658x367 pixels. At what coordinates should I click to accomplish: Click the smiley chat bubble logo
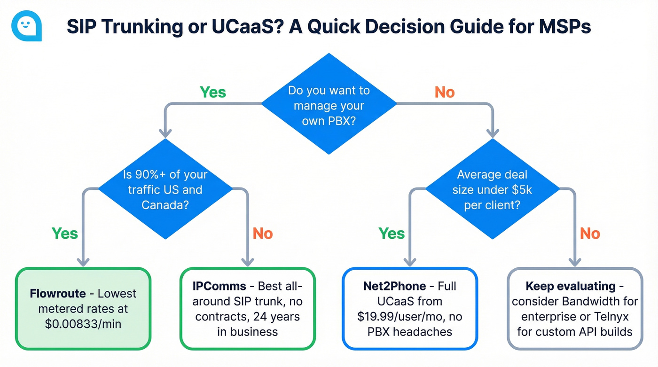point(26,26)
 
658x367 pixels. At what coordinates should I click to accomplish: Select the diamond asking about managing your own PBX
point(329,104)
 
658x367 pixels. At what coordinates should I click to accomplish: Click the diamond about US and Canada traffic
point(165,190)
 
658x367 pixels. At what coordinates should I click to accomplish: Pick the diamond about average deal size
point(492,190)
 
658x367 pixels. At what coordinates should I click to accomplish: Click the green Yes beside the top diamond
point(213,92)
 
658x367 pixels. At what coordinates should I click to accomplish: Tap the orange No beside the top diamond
point(445,92)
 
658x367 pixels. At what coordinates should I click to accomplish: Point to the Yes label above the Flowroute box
point(65,233)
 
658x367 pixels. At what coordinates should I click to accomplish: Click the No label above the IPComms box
point(263,233)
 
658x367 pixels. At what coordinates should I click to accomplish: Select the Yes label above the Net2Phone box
point(392,233)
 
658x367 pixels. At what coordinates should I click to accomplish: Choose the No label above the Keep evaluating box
point(590,233)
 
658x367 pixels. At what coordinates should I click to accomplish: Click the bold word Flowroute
point(57,294)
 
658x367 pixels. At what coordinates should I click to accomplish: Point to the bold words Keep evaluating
point(570,286)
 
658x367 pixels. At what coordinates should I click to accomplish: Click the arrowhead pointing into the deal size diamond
point(492,134)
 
